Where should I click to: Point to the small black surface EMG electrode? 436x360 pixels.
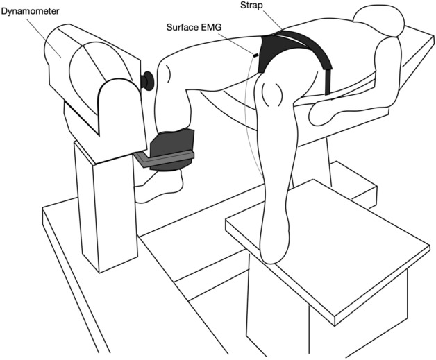[x=256, y=56]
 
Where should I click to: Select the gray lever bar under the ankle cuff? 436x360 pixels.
[x=167, y=161]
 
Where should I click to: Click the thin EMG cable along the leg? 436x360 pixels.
[x=251, y=125]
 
